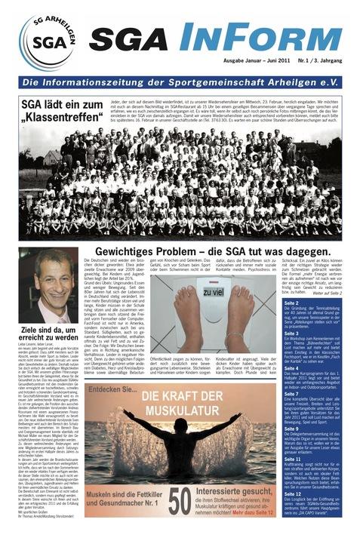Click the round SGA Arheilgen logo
click(47, 42)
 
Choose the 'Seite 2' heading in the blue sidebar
click(292, 303)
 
